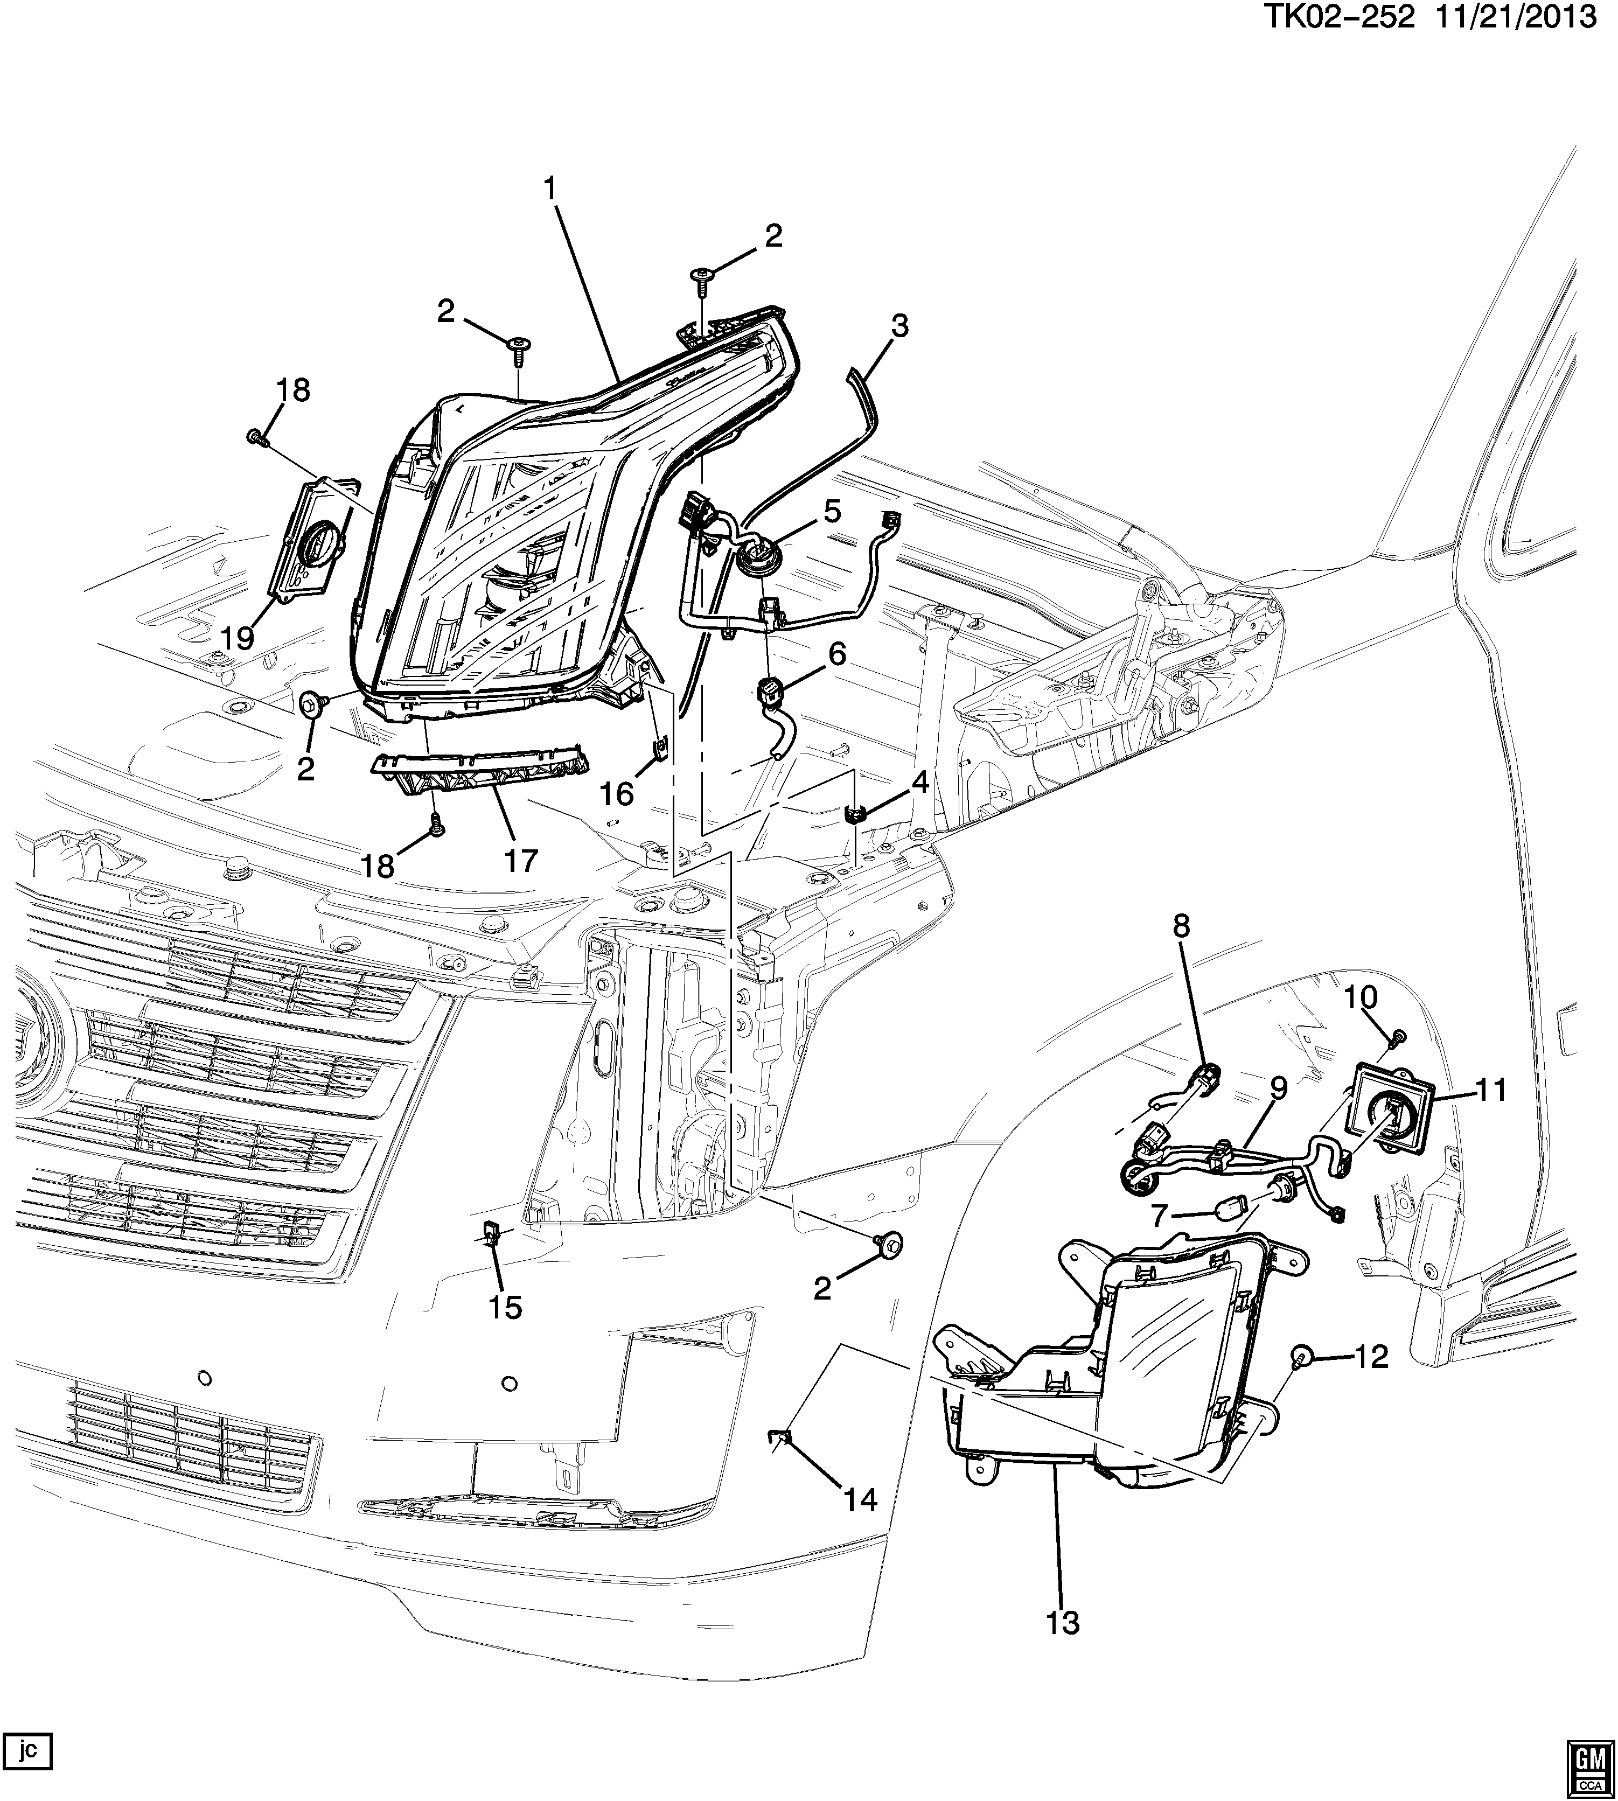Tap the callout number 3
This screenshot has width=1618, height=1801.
pyautogui.click(x=899, y=326)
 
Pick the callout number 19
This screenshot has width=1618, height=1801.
pyautogui.click(x=238, y=637)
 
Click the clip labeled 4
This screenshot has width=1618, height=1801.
pyautogui.click(x=855, y=813)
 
